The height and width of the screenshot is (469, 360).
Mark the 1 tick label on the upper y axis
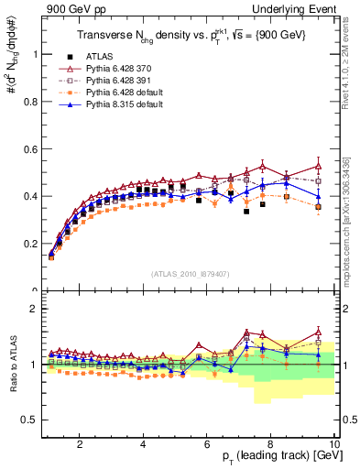tap(35, 54)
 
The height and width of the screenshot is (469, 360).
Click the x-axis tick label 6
tap(207, 444)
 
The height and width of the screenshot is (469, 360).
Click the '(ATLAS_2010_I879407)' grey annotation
tap(190, 274)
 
